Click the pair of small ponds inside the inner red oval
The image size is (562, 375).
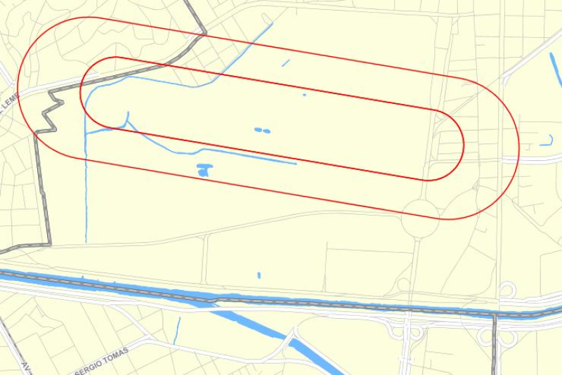[x=262, y=130]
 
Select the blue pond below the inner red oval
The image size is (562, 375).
[x=204, y=169]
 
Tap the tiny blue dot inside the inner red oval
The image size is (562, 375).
[x=304, y=94]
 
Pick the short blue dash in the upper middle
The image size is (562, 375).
[x=285, y=64]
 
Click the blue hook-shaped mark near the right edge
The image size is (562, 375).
[x=547, y=141]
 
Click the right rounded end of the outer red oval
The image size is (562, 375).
[x=518, y=151]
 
